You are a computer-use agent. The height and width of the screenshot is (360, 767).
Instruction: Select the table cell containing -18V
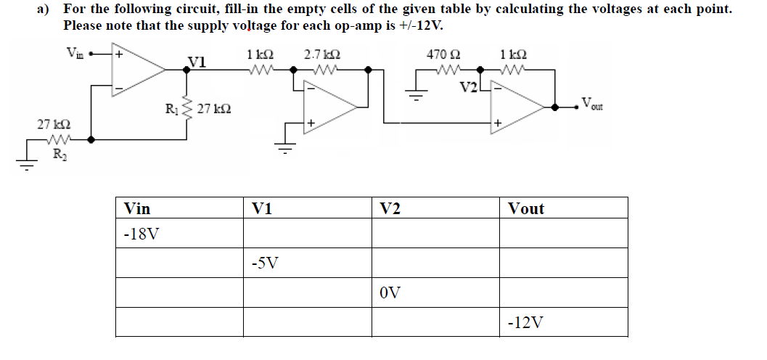[179, 235]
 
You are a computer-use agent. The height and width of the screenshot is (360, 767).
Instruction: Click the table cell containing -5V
[307, 262]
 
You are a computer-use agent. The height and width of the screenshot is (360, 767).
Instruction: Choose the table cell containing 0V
[435, 292]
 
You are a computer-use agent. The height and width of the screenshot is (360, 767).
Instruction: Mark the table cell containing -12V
[562, 322]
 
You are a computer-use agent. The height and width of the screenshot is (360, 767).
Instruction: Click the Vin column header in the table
[179, 208]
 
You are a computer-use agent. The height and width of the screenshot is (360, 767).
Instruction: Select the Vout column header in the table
[562, 208]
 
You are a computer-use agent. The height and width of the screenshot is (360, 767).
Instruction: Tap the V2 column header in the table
[435, 208]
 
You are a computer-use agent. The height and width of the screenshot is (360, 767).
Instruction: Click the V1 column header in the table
[307, 208]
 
